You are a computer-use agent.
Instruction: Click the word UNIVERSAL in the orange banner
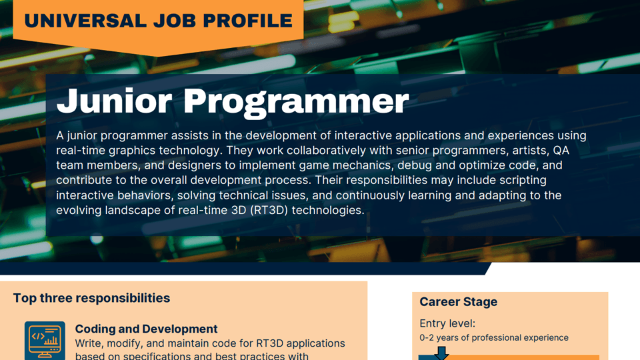[82, 21]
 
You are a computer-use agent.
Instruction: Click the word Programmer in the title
[296, 101]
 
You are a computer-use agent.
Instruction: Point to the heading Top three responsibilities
[91, 298]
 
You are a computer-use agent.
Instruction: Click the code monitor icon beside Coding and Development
[45, 341]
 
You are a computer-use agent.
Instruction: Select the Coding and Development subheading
[146, 329]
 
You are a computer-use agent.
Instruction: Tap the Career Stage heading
[458, 302]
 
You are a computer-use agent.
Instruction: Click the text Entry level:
[447, 323]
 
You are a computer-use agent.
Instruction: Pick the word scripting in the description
[523, 180]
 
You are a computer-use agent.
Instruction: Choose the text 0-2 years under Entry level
[439, 338]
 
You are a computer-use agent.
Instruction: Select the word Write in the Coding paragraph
[89, 344]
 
